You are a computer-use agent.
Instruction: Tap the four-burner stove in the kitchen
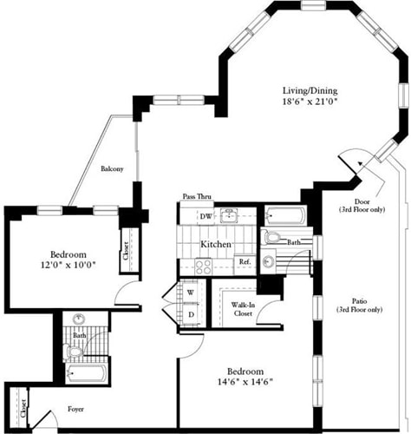click(204, 267)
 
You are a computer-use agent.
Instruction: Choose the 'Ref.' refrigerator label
click(245, 261)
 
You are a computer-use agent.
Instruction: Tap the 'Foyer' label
click(76, 407)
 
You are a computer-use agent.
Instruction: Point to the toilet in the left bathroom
click(75, 352)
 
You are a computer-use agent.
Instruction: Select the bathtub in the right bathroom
click(284, 216)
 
